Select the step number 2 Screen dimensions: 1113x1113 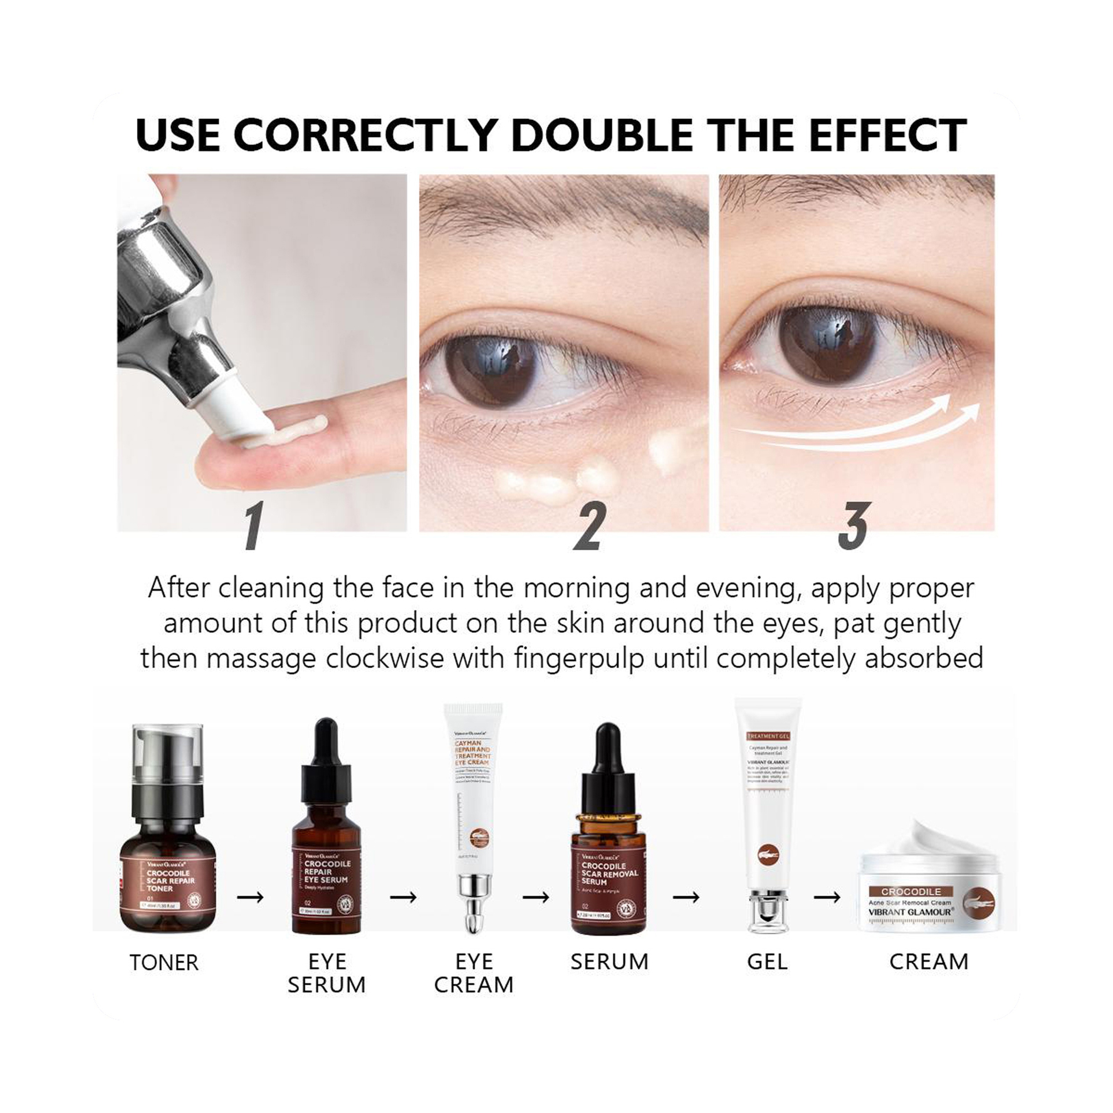[589, 525]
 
